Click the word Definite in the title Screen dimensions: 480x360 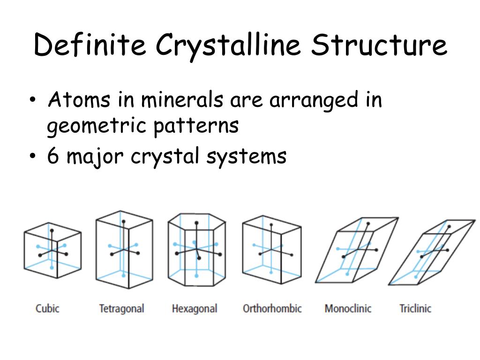point(90,45)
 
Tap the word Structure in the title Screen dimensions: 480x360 point(380,45)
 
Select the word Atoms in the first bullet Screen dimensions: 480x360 point(79,100)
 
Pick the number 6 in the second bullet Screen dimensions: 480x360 point(53,156)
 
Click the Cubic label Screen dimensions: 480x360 point(47,308)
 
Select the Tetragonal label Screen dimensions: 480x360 point(121,308)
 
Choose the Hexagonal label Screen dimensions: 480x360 point(195,308)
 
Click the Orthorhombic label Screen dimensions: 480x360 point(272,308)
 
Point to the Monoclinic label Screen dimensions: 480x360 point(348,308)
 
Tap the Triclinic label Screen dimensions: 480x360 point(415,308)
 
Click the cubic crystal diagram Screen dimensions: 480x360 point(52,250)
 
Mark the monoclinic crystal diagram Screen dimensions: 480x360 point(356,251)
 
